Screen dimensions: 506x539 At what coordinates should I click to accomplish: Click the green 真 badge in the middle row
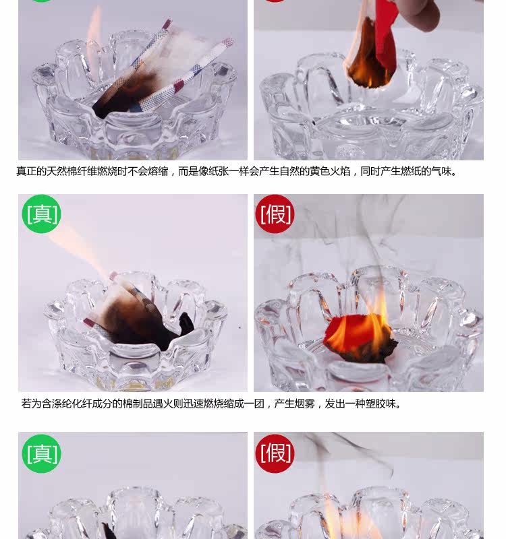[41, 214]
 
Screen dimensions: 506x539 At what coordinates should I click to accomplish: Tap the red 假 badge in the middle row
[275, 214]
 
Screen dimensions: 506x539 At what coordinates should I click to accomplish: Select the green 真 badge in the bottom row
[41, 453]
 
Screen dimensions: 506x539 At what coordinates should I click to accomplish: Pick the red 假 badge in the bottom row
[275, 453]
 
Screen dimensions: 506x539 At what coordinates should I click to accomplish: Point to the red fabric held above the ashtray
[385, 38]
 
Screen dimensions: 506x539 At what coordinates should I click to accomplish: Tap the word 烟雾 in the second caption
[304, 403]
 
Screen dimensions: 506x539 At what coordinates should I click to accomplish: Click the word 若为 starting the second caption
[31, 403]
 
